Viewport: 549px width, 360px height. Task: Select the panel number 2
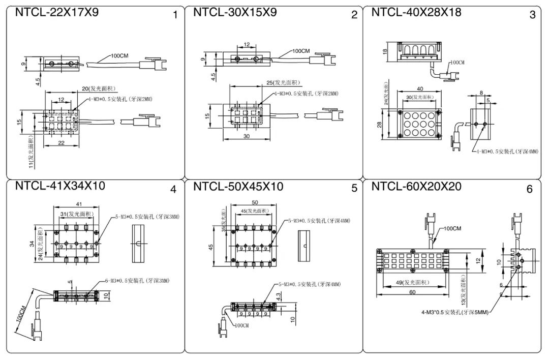tap(354, 15)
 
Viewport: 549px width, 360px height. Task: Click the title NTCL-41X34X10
tap(60, 186)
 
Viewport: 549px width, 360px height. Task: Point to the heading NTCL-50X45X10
tap(238, 187)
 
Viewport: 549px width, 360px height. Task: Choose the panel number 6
tap(529, 189)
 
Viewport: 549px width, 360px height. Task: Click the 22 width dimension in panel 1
tap(62, 144)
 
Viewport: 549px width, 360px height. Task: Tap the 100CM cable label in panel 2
tap(300, 51)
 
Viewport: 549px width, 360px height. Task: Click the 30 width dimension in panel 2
tap(246, 136)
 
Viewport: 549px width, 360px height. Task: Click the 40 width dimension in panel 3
tap(419, 88)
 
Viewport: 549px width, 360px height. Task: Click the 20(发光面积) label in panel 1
tap(100, 88)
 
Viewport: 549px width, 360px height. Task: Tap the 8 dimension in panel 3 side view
tap(480, 93)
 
